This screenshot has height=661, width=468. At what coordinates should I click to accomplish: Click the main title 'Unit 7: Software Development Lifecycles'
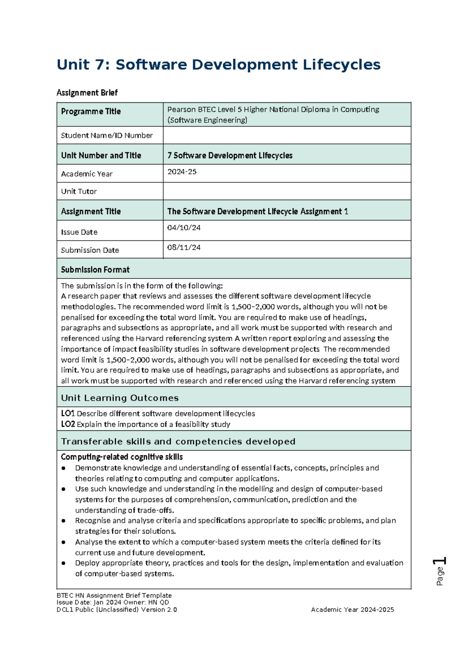(x=218, y=65)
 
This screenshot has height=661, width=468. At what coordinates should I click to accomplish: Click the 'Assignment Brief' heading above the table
(x=87, y=93)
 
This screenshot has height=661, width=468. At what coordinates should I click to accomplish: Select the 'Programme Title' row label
(x=90, y=111)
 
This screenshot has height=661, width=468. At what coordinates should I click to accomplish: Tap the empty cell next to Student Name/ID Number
(x=287, y=135)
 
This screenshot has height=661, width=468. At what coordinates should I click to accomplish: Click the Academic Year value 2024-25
(x=182, y=172)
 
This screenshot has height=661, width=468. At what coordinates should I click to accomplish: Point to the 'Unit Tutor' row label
(x=79, y=191)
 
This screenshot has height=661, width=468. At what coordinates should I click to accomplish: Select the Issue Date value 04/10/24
(x=184, y=228)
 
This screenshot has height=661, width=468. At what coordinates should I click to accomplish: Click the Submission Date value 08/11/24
(x=184, y=247)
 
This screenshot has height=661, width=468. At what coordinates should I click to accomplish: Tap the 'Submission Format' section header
(x=95, y=270)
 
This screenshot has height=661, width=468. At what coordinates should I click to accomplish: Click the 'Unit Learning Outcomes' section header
(x=120, y=398)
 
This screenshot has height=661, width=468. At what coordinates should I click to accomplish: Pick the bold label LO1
(x=67, y=414)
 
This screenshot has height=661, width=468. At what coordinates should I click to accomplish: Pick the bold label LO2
(x=67, y=424)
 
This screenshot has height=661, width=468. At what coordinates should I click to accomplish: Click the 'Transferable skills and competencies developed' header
(x=178, y=442)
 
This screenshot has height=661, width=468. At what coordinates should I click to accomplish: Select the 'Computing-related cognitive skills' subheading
(x=122, y=457)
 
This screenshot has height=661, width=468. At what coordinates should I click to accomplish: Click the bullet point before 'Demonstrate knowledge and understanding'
(x=64, y=468)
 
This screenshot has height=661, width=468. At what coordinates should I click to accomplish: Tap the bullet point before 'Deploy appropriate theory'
(x=64, y=563)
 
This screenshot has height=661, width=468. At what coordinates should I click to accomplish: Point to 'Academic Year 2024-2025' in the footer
(x=352, y=610)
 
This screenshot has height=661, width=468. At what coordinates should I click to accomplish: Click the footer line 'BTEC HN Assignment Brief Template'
(x=114, y=596)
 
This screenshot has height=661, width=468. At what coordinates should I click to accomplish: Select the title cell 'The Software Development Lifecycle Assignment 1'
(x=257, y=212)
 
